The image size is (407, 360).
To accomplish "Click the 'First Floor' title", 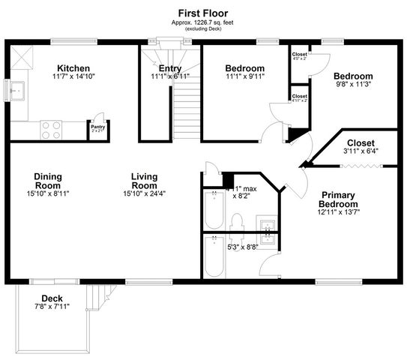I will (203, 13).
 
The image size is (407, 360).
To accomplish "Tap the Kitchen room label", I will (73, 67).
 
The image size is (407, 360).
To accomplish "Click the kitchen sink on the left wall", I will (16, 91).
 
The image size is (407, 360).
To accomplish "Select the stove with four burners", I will (51, 129).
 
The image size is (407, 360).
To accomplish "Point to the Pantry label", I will (98, 127).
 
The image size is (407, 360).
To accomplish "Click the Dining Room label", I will (47, 181).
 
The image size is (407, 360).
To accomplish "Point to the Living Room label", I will (144, 181).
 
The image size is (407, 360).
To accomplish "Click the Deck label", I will (52, 298).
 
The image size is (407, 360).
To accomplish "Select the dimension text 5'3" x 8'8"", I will (242, 246).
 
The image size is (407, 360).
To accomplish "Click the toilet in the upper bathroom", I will (236, 222).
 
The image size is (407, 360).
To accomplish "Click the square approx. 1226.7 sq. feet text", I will (203, 22).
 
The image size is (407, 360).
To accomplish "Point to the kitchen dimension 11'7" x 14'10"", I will (73, 76).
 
